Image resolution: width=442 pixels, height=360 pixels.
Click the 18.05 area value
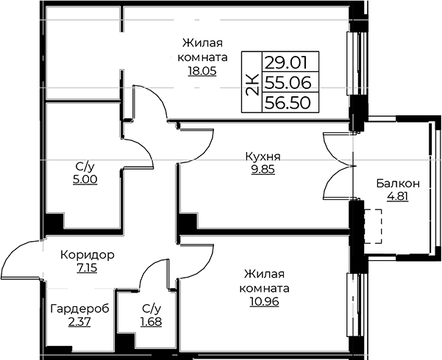tap(202, 71)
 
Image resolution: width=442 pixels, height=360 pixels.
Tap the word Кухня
tap(263, 156)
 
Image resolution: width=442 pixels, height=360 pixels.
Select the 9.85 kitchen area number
tap(263, 170)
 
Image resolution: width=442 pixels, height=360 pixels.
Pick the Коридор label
tap(88, 255)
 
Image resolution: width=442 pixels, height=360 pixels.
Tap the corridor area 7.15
tap(87, 268)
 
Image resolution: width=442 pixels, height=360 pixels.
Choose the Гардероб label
tap(79, 309)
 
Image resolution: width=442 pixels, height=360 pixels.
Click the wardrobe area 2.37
tap(79, 322)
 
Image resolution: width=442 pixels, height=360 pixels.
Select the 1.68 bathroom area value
tap(151, 322)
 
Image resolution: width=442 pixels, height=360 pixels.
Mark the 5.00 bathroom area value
tap(85, 179)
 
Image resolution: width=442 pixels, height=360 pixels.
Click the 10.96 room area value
tap(264, 302)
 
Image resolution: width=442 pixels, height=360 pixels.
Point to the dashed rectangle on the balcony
tap(373, 226)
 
